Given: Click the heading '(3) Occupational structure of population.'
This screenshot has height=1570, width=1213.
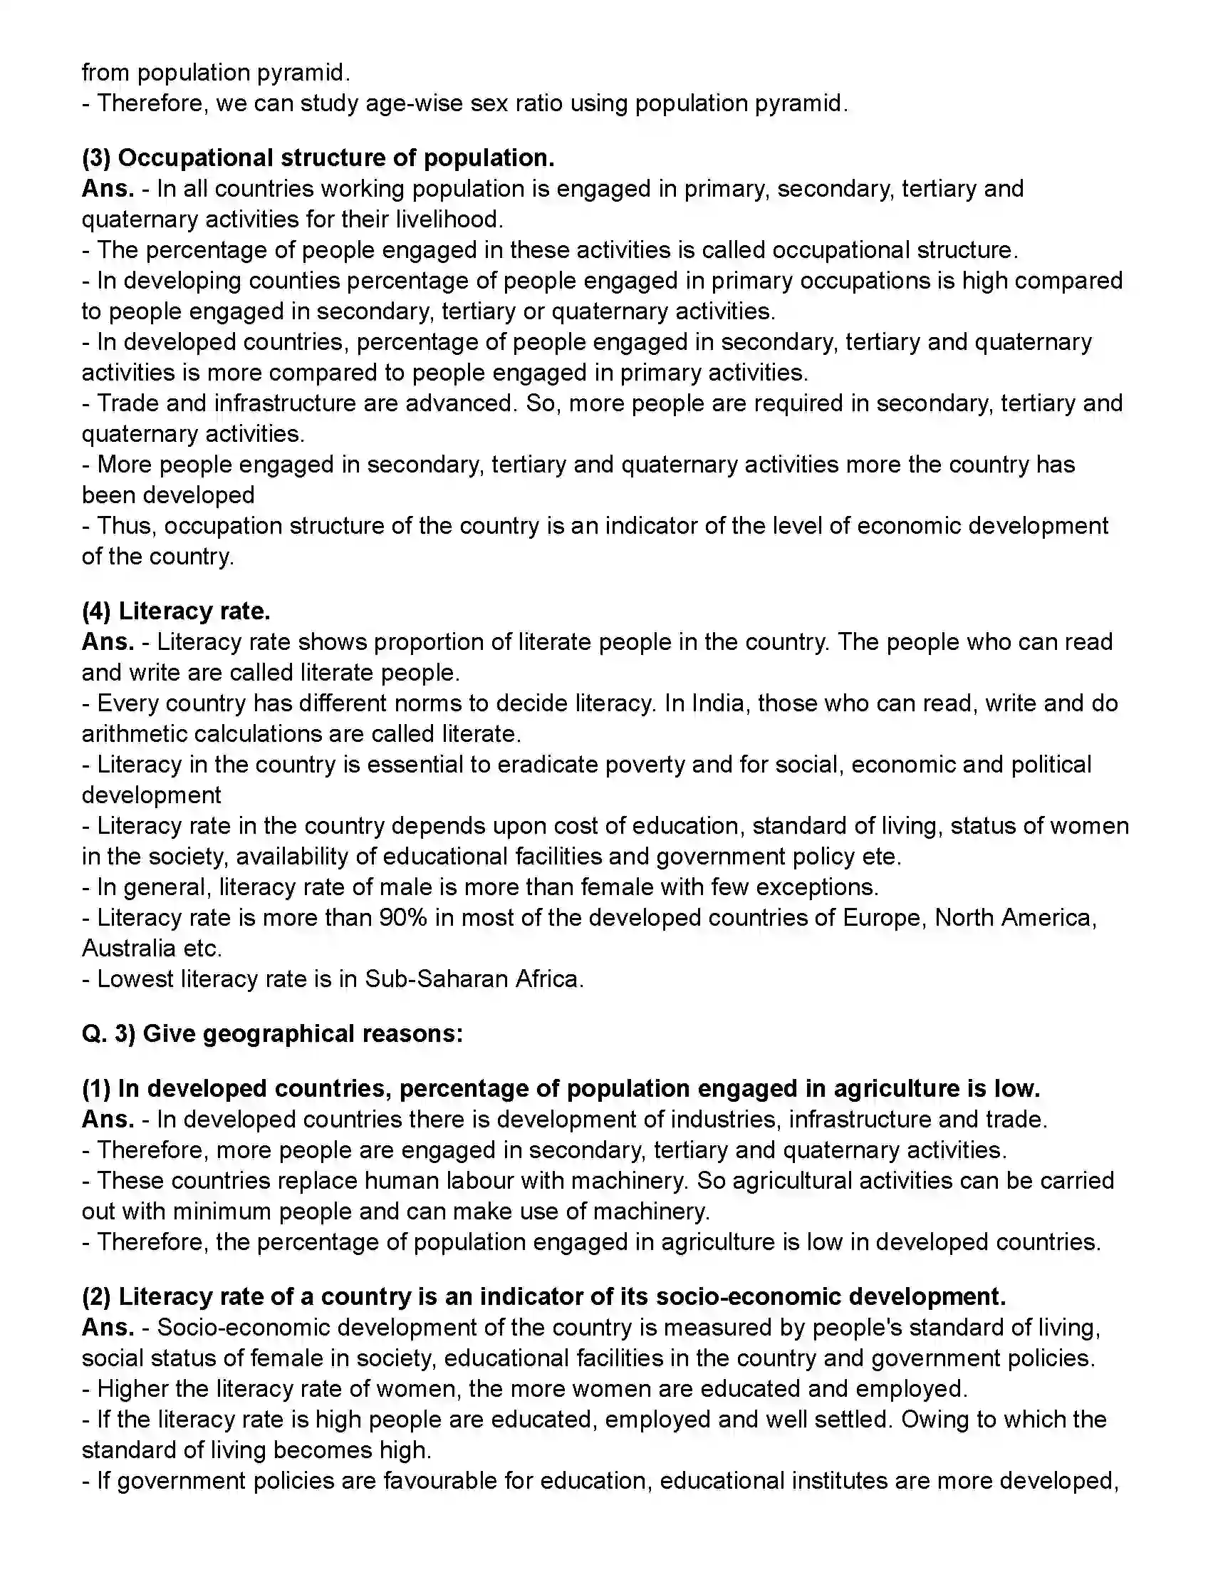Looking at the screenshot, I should (x=318, y=158).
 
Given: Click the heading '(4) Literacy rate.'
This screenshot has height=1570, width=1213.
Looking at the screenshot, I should (x=176, y=611).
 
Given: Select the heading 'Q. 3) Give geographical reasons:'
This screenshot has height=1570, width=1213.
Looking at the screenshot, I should (x=272, y=1034).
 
